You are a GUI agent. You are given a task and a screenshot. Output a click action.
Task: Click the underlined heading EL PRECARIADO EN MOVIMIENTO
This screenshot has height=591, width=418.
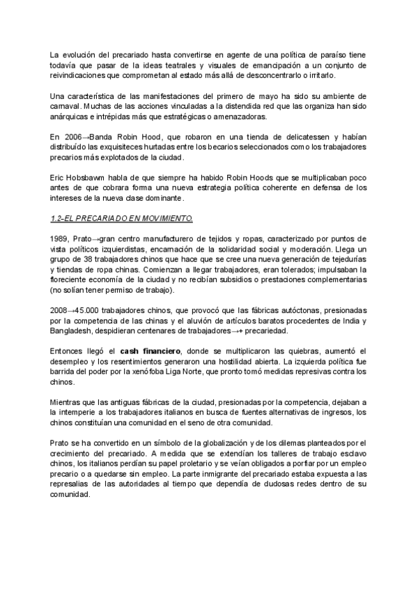pos(121,219)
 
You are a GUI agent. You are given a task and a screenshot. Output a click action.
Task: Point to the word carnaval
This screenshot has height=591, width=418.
pos(67,108)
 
